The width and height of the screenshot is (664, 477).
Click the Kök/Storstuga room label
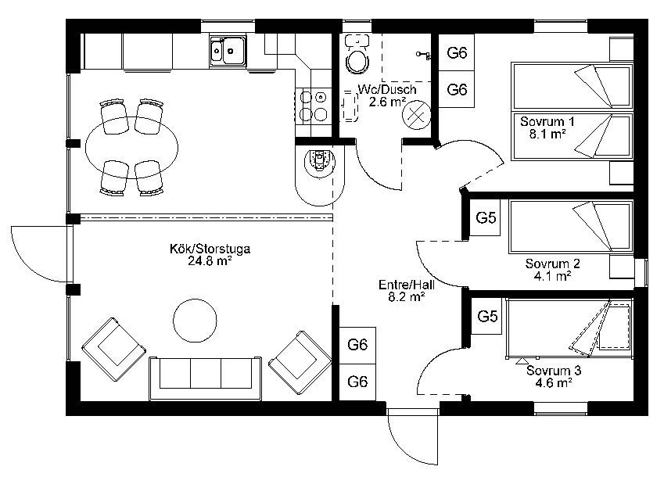[x=210, y=249]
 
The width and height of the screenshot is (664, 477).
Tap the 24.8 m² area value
[x=210, y=260]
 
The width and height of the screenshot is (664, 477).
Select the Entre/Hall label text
[x=407, y=285]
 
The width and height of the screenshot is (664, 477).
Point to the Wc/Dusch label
[x=387, y=90]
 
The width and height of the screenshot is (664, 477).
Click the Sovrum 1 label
[x=547, y=122]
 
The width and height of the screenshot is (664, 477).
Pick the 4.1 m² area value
[x=553, y=276]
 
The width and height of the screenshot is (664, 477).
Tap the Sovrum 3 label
[x=554, y=371]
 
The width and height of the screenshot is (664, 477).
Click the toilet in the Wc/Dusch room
[x=357, y=54]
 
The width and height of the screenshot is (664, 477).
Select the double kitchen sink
[x=228, y=51]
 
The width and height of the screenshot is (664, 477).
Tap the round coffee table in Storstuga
[x=196, y=321]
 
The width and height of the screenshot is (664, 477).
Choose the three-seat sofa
[x=206, y=378]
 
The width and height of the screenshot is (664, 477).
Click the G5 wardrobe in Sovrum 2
[x=486, y=218]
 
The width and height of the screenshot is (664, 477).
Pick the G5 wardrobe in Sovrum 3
[x=487, y=317]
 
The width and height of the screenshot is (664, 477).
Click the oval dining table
[x=131, y=147]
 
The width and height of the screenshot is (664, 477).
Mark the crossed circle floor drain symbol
[x=417, y=115]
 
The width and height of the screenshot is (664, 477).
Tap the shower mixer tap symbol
[x=423, y=54]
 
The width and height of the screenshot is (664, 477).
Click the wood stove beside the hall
[x=320, y=160]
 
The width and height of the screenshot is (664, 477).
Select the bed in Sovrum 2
[x=571, y=228]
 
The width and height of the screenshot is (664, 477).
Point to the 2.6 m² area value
[x=387, y=102]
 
